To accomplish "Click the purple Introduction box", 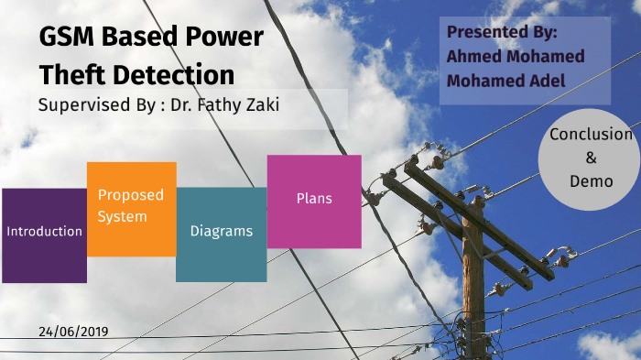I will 44,235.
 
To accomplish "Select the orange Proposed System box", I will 131,209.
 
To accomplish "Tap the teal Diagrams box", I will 221,234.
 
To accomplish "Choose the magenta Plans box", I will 314,202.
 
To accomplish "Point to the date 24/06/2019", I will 74,330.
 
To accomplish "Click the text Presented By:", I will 502,32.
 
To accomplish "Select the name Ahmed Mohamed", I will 515,56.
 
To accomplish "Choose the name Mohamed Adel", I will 505,80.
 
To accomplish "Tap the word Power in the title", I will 223,38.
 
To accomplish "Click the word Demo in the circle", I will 591,180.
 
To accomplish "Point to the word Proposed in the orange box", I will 131,195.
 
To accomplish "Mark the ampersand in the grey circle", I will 591,158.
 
